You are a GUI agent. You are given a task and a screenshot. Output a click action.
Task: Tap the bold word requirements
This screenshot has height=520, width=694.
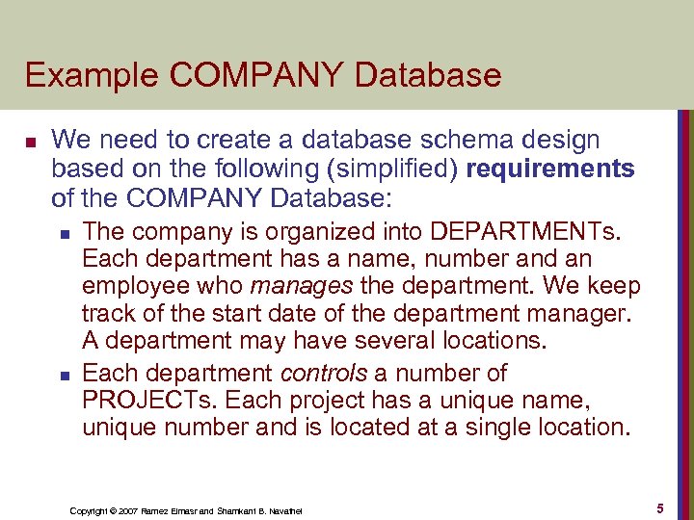(549, 169)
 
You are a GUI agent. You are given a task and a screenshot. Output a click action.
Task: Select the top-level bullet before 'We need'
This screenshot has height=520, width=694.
(30, 143)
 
